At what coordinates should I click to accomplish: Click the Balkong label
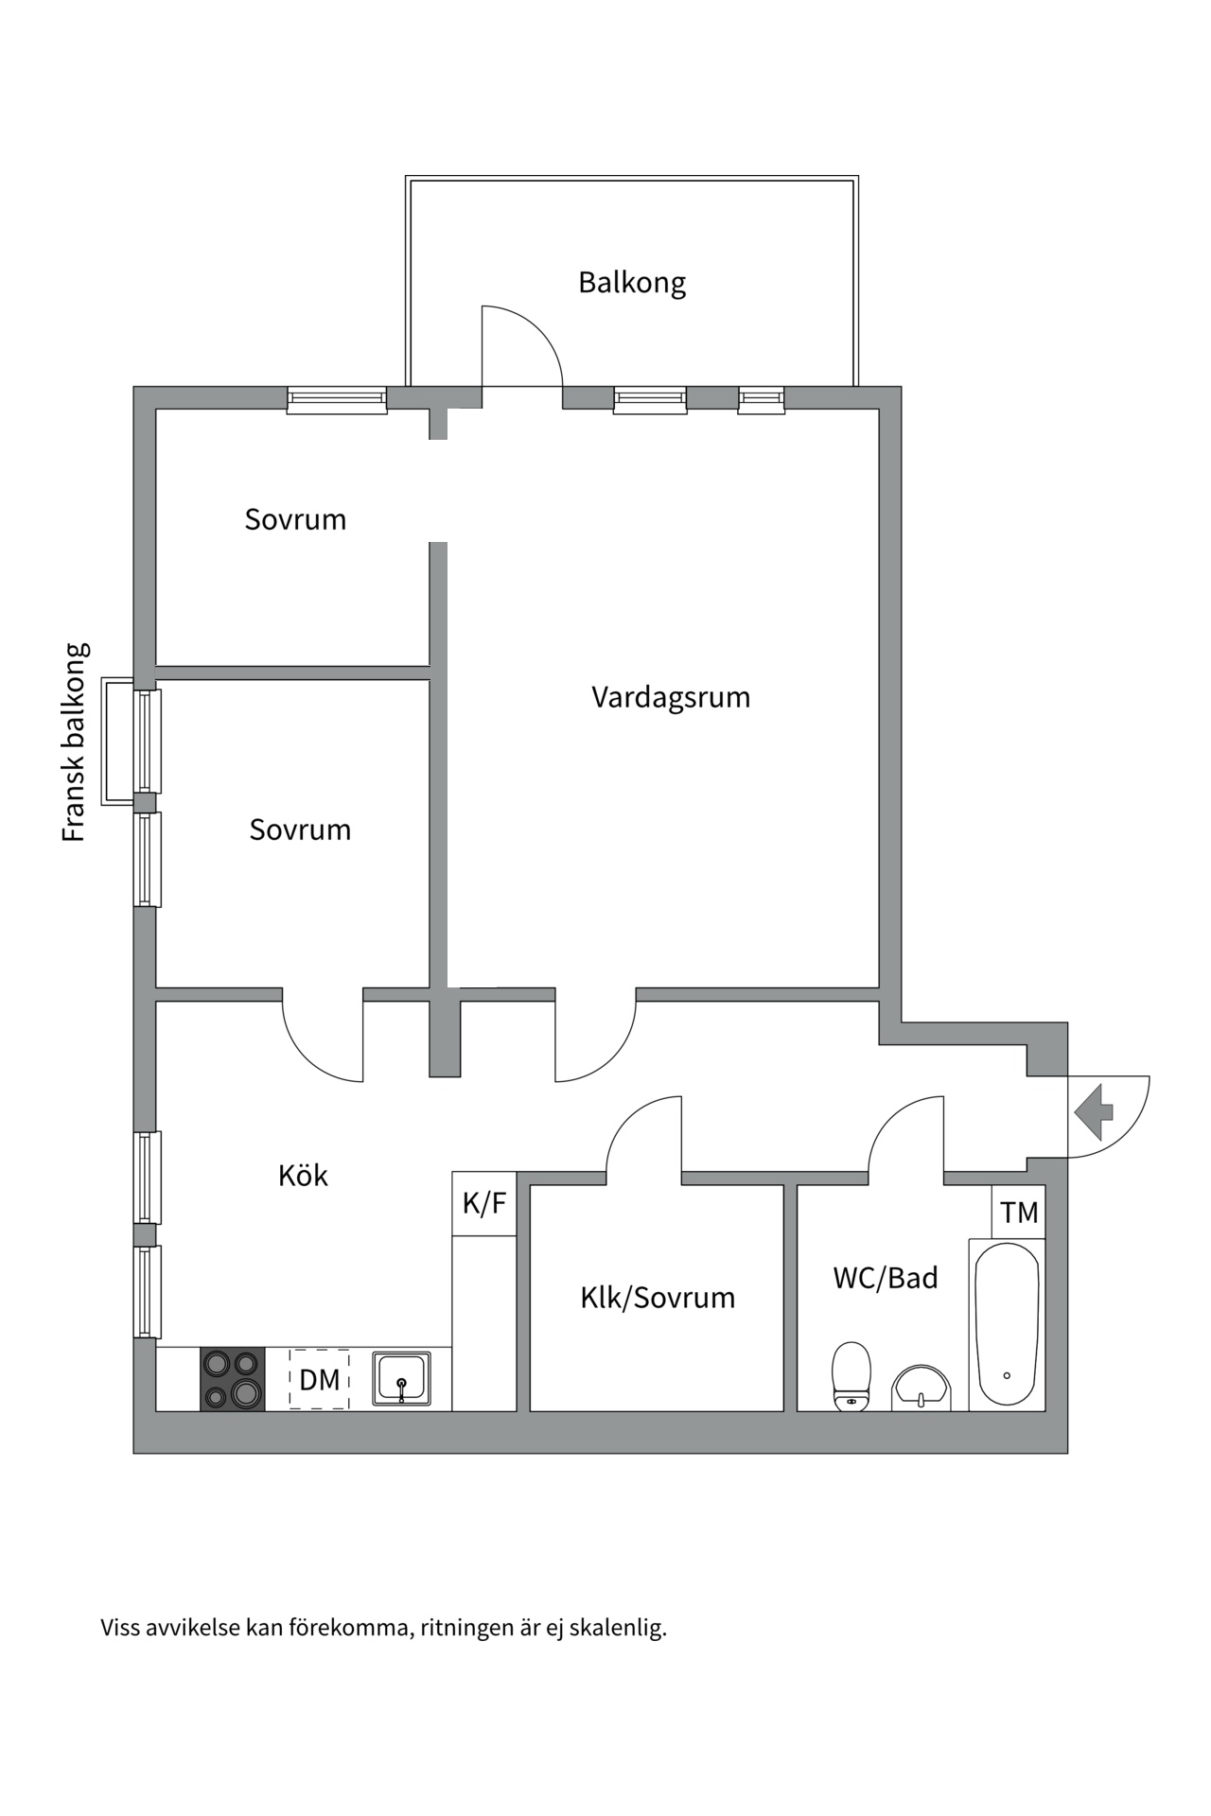632,283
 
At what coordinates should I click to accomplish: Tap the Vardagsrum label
671,697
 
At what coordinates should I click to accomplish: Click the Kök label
303,1176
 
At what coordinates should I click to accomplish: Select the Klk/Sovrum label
658,1297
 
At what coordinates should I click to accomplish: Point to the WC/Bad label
886,1278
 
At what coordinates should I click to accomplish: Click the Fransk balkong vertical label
75,742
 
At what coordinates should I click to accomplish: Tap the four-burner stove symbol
233,1379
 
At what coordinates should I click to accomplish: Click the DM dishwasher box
320,1380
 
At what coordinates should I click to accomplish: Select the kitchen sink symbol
401,1379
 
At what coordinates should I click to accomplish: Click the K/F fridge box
484,1203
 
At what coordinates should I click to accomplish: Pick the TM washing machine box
1019,1213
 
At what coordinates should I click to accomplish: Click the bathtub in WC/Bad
1007,1324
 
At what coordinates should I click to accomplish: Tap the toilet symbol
851,1376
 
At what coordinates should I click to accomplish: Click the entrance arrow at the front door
1095,1112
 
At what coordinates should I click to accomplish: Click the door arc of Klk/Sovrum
629,1121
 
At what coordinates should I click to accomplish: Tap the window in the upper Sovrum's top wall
337,400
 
